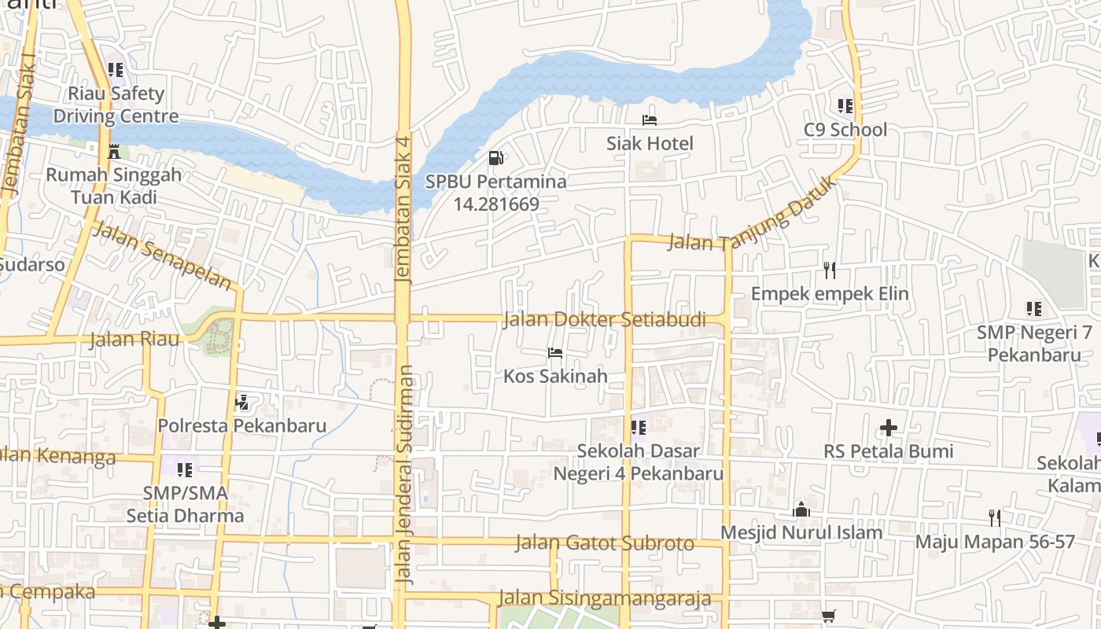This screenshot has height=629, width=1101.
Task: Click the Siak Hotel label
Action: [x=650, y=143]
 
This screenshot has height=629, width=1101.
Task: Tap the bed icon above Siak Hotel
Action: [x=650, y=120]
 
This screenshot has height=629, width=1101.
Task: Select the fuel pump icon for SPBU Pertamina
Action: [x=495, y=158]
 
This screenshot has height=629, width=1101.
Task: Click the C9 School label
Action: [x=845, y=130]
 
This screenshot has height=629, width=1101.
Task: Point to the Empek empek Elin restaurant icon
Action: [x=829, y=270]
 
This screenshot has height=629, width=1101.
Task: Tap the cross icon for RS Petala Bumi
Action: [x=889, y=428]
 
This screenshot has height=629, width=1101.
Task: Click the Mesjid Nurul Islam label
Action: [x=801, y=532]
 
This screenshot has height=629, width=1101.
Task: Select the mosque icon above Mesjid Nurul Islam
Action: [x=801, y=509]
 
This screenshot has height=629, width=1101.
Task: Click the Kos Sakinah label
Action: [x=555, y=376]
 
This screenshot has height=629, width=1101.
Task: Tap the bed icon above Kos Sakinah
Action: [x=555, y=353]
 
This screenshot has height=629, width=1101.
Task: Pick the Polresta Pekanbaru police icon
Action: [x=242, y=403]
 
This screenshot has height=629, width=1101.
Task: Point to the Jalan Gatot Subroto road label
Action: [x=605, y=543]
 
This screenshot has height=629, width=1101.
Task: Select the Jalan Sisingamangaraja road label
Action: [x=605, y=598]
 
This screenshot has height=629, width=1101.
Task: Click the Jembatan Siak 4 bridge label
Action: [x=403, y=209]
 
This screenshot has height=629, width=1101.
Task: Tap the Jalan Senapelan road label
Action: [x=164, y=256]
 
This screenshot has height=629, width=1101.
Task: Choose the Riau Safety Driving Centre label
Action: [x=116, y=105]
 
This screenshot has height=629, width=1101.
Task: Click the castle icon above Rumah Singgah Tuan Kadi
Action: [x=114, y=151]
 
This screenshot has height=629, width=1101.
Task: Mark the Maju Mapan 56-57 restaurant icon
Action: [x=995, y=517]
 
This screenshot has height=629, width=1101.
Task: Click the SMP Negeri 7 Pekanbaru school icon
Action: [x=1033, y=309]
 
